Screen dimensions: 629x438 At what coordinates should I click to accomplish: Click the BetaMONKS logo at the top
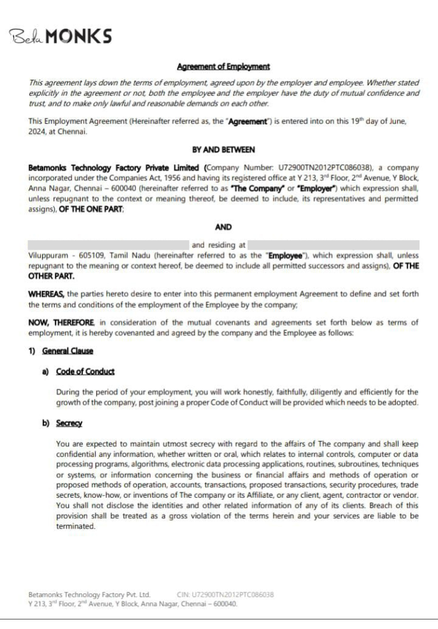click(64, 36)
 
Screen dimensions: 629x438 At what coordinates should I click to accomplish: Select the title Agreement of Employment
click(218, 66)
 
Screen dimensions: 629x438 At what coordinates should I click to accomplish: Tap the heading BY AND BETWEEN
click(218, 149)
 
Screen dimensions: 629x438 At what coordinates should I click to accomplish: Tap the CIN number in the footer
click(223, 595)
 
